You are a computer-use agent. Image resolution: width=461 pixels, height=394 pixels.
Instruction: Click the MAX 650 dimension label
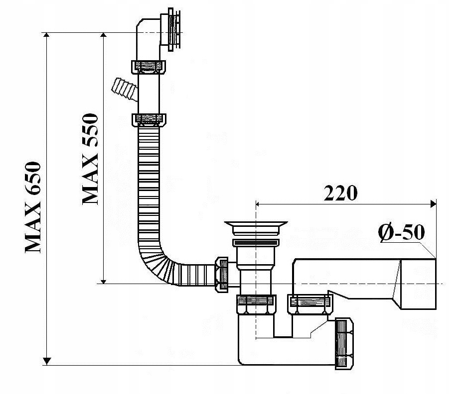click(32, 207)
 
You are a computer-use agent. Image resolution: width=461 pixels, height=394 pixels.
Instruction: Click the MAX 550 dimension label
click(90, 159)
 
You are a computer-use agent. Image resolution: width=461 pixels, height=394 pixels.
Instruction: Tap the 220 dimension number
click(340, 193)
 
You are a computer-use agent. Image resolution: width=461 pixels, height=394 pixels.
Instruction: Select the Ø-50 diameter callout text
click(402, 233)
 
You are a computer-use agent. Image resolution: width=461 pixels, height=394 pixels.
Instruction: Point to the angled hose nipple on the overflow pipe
click(125, 90)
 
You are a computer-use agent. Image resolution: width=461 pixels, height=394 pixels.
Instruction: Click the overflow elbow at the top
click(148, 40)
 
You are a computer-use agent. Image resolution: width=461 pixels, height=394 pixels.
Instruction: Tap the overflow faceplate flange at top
click(174, 30)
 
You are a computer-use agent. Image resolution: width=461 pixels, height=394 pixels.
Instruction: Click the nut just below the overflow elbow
click(148, 67)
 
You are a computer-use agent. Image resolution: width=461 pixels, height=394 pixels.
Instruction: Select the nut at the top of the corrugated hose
click(149, 120)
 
